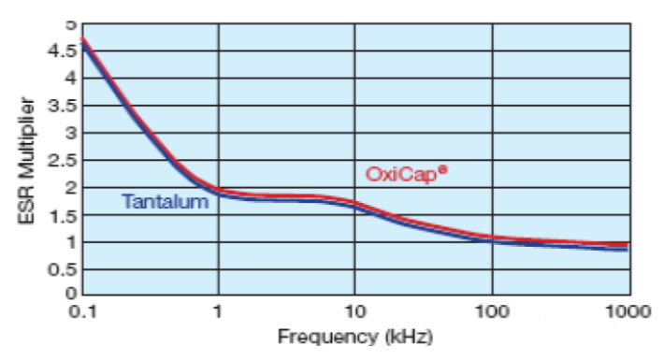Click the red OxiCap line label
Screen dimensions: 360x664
400,174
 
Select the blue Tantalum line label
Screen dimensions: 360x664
165,201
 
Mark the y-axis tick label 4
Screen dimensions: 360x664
70,79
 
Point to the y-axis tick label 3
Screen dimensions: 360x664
70,133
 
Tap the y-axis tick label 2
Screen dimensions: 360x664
70,187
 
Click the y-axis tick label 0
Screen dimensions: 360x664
70,295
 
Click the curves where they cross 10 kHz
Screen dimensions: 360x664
354,204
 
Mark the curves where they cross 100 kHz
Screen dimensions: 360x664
491,239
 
